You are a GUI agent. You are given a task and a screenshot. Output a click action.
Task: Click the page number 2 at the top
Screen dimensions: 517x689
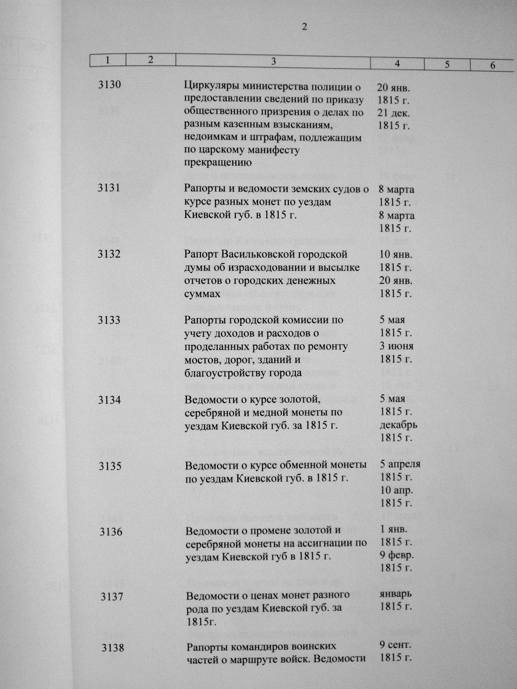point(304,27)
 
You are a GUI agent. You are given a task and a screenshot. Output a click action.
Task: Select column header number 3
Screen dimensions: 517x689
point(273,62)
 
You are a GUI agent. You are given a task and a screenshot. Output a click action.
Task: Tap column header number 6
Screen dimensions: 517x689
point(492,66)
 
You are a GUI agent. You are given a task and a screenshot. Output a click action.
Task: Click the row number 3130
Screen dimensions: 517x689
point(110,85)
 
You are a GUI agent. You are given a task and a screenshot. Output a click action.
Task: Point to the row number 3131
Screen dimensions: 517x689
point(109,188)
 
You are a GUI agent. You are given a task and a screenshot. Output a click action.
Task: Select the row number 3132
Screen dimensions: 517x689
point(109,254)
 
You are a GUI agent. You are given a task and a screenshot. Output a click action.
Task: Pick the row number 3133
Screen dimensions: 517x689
point(109,320)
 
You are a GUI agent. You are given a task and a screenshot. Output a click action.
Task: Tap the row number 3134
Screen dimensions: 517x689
point(110,400)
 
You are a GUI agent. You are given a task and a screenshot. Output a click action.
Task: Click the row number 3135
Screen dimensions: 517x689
point(110,466)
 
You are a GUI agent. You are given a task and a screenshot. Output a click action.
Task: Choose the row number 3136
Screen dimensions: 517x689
point(111,532)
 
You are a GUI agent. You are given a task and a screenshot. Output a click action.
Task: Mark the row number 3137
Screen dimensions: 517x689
point(112,597)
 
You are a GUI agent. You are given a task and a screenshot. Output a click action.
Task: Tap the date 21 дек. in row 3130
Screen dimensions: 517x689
point(394,113)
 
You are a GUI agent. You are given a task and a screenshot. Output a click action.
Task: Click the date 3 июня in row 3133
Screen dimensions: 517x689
point(396,346)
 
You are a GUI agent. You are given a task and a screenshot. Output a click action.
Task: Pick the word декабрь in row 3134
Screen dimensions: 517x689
point(398,425)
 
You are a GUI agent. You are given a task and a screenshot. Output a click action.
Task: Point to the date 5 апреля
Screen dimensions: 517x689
point(400,464)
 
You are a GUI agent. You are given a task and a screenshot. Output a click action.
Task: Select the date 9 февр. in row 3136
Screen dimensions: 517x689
point(396,556)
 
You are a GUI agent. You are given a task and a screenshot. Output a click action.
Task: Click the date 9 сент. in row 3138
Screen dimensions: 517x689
point(396,645)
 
